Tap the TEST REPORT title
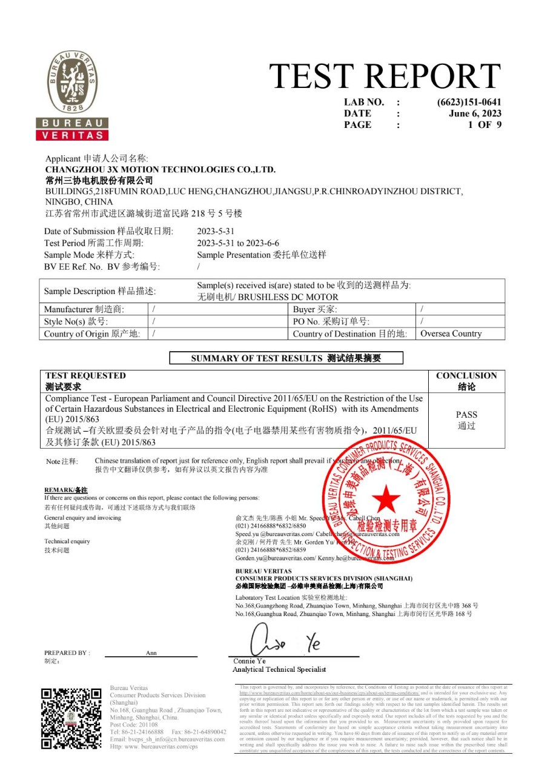(x=385, y=77)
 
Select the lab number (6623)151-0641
(x=469, y=102)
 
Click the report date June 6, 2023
(x=475, y=113)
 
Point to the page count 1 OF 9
(x=485, y=125)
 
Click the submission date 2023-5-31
(x=216, y=231)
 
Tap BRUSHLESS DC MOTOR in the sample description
(x=288, y=297)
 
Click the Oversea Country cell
(x=451, y=333)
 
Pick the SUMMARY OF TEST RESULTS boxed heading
(x=286, y=358)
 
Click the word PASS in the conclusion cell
(x=466, y=415)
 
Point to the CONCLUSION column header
(x=466, y=376)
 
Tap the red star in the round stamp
(x=386, y=500)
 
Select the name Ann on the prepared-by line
(x=151, y=653)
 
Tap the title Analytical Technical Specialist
(x=279, y=669)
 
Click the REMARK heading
(x=66, y=489)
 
